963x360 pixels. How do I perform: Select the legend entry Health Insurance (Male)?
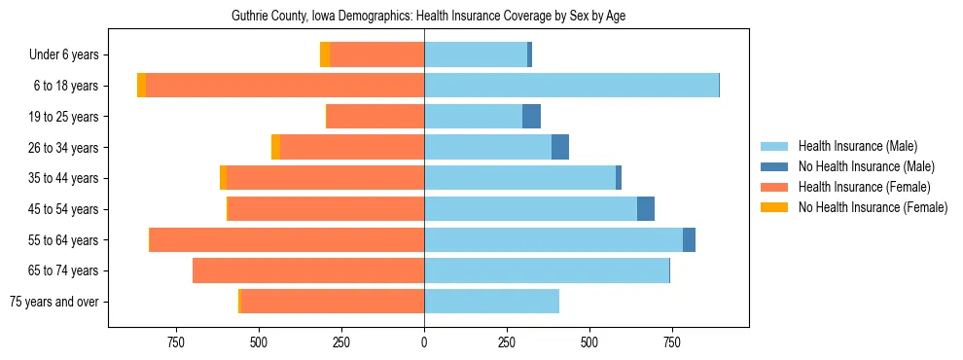coord(856,146)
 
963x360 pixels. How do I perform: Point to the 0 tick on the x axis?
coord(424,342)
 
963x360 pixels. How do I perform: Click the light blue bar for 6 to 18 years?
coord(571,86)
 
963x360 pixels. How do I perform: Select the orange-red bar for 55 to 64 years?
coord(287,239)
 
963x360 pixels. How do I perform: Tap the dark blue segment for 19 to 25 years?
coord(531,117)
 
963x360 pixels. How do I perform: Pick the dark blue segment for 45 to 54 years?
coord(646,209)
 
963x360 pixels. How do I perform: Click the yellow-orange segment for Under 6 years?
coord(325,55)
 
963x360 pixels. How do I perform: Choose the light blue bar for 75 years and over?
coord(491,302)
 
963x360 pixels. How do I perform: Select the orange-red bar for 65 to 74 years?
coord(308,270)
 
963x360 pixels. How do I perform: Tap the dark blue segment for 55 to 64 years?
coord(689,239)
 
